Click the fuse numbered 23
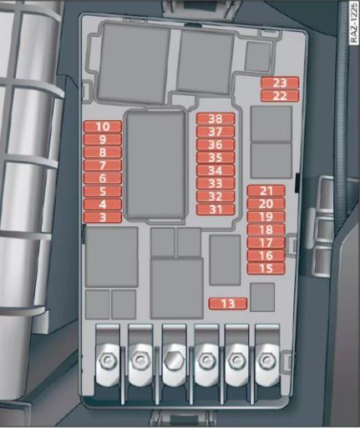click(280, 83)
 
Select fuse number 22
click(280, 96)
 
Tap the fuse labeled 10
click(103, 127)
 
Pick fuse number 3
click(103, 217)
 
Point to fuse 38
click(215, 118)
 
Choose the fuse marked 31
click(215, 209)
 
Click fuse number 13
click(228, 304)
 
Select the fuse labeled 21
click(266, 191)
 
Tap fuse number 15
click(266, 269)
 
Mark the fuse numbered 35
click(215, 158)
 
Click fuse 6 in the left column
click(103, 179)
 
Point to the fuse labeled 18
click(266, 229)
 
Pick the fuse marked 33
click(215, 184)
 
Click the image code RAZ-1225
click(353, 23)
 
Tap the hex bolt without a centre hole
click(173, 360)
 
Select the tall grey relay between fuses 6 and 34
click(155, 165)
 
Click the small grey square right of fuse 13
click(262, 297)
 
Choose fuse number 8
click(103, 153)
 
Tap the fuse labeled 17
click(266, 243)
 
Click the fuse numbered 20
click(266, 204)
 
